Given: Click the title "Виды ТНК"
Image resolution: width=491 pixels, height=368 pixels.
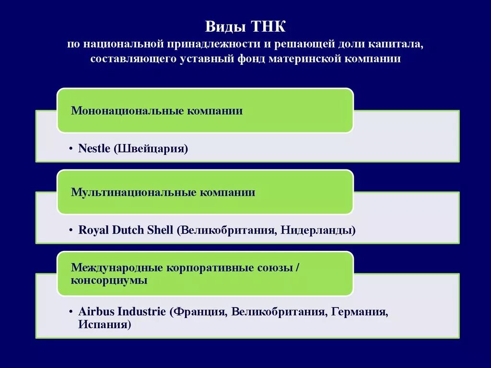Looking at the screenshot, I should coord(245,27).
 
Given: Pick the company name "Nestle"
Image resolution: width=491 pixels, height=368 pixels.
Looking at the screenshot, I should coord(94,149).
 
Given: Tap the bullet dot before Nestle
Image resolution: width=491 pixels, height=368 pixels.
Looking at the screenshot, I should coord(71,149).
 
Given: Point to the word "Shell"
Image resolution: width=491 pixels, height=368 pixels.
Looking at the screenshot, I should coord(160,230).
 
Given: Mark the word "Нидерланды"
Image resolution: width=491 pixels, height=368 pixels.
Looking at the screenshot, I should coord(318,230).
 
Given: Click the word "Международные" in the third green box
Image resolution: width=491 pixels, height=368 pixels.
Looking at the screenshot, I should coord(117,268).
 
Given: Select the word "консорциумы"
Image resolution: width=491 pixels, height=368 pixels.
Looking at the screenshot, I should coord(109,280).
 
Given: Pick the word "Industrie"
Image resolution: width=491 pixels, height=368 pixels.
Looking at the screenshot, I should coord(141,311).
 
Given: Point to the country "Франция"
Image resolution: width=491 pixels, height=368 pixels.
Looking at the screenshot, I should coord(199,311).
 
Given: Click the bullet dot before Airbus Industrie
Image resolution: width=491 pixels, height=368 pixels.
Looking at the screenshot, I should coord(71,312).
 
